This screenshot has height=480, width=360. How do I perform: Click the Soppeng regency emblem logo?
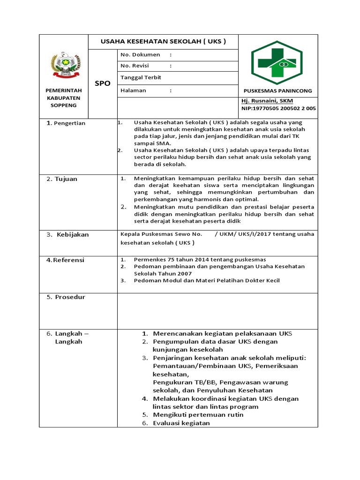click(x=64, y=65)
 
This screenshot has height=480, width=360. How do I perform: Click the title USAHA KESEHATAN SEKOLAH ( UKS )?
click(x=163, y=41)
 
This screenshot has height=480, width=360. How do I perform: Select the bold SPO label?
click(x=102, y=83)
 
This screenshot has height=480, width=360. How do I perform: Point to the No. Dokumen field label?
click(x=140, y=55)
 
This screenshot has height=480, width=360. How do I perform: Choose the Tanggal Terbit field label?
click(x=141, y=77)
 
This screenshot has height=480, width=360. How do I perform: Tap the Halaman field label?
click(x=133, y=90)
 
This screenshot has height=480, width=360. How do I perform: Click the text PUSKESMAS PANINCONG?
click(x=277, y=91)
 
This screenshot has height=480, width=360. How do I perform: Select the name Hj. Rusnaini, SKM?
click(x=267, y=101)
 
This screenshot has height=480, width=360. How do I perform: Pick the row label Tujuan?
click(x=66, y=179)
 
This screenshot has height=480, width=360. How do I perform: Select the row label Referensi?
click(x=68, y=260)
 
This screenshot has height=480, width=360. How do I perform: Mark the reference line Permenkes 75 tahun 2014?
click(x=200, y=260)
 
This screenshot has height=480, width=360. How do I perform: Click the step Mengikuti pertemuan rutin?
click(x=198, y=415)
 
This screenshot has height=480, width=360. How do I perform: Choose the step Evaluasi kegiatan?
click(x=181, y=423)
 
